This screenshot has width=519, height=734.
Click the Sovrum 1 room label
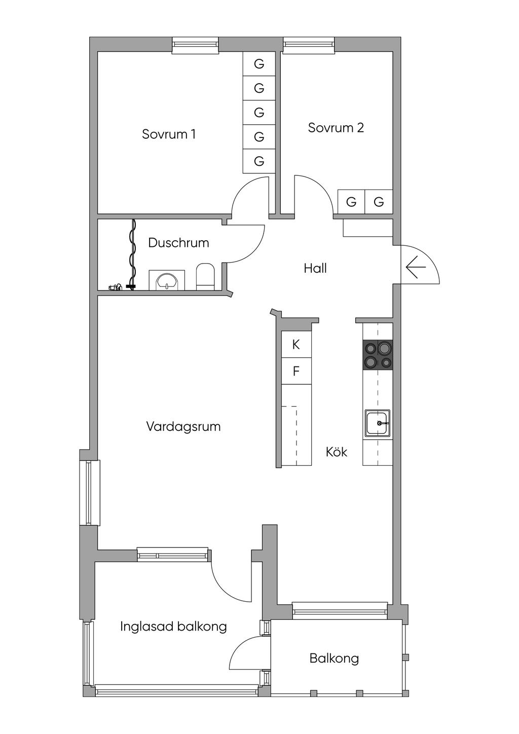pyautogui.click(x=169, y=134)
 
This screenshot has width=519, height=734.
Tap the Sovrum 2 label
pyautogui.click(x=336, y=127)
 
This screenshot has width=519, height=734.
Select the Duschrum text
pyautogui.click(x=178, y=243)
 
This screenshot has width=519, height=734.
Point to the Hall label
pyautogui.click(x=315, y=268)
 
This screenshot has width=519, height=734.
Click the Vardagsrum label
pyautogui.click(x=183, y=426)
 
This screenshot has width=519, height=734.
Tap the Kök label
pyautogui.click(x=337, y=452)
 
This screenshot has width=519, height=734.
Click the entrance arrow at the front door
pyautogui.click(x=416, y=267)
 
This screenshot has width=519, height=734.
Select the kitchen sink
pyautogui.click(x=378, y=423)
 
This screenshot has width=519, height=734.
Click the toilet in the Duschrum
pyautogui.click(x=205, y=276)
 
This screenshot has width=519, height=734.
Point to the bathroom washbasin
pyautogui.click(x=167, y=280)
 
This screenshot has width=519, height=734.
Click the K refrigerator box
pyautogui.click(x=296, y=344)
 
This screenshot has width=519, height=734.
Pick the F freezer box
pyautogui.click(x=296, y=371)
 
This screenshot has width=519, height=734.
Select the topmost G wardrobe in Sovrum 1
pyautogui.click(x=259, y=63)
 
